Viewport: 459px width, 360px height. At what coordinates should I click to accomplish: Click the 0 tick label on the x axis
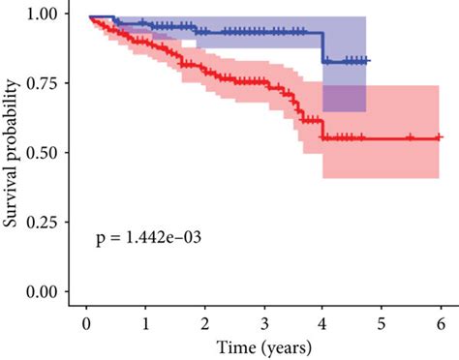[86, 323]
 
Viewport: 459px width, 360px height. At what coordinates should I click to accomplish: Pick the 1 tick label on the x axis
[145, 323]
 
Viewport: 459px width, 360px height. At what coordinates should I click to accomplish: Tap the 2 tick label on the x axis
[204, 323]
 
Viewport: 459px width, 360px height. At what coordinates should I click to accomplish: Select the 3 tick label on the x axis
[263, 323]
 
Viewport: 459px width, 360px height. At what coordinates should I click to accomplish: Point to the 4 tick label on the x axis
[322, 323]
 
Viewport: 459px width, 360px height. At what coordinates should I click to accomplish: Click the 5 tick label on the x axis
[382, 323]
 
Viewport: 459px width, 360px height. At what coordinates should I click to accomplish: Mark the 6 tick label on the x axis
[441, 323]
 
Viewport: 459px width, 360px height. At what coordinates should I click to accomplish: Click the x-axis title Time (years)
[263, 345]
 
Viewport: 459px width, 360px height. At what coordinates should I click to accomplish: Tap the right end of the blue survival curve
[369, 60]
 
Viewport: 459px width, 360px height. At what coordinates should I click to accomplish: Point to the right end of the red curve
[442, 138]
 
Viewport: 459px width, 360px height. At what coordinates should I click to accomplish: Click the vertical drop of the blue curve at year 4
[323, 46]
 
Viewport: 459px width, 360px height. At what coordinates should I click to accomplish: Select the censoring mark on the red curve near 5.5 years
[411, 138]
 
